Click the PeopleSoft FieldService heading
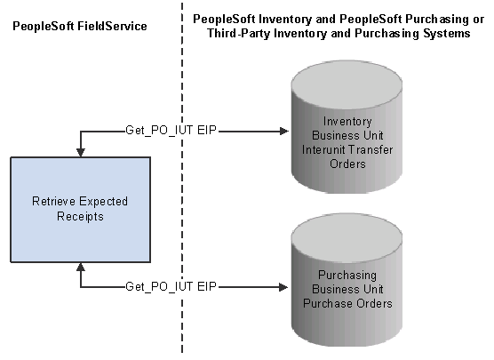click(x=80, y=26)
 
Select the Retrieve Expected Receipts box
click(x=81, y=210)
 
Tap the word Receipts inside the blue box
click(x=80, y=217)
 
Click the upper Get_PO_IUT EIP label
click(x=171, y=130)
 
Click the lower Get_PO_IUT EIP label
click(x=171, y=286)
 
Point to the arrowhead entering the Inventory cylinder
click(x=284, y=132)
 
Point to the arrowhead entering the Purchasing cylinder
click(x=284, y=287)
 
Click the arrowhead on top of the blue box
click(x=81, y=152)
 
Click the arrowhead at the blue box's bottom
click(x=81, y=267)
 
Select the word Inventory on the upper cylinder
click(x=347, y=122)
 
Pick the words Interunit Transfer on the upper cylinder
click(x=347, y=149)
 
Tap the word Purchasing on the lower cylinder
click(x=347, y=276)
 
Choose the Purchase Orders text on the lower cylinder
click(x=347, y=303)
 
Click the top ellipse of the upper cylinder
click(x=347, y=84)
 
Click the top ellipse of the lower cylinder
click(x=347, y=237)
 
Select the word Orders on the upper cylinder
click(x=347, y=164)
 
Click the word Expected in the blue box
click(x=103, y=202)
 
